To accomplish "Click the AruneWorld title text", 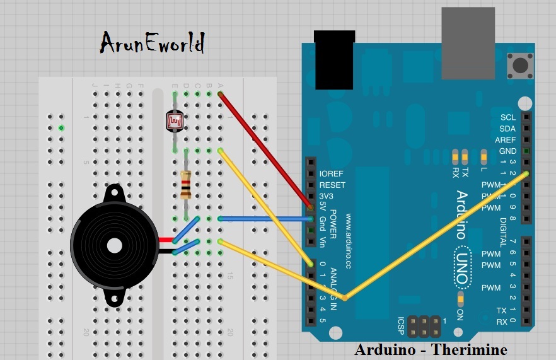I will tap(153, 44).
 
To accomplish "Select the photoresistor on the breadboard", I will tap(175, 120).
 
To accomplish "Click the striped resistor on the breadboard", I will tap(185, 184).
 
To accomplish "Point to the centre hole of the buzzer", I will tap(114, 245).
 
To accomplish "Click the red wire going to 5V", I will tap(265, 150).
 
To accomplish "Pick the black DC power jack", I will tap(334, 60).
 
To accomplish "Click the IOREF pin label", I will tap(332, 173).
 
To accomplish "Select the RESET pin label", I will tap(332, 185).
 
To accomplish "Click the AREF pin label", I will tap(506, 140).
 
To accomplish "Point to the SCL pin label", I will tap(508, 117).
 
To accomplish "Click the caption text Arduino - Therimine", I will tap(431, 349).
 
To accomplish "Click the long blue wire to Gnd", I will tap(265, 219).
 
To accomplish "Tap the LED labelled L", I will tap(484, 155).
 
